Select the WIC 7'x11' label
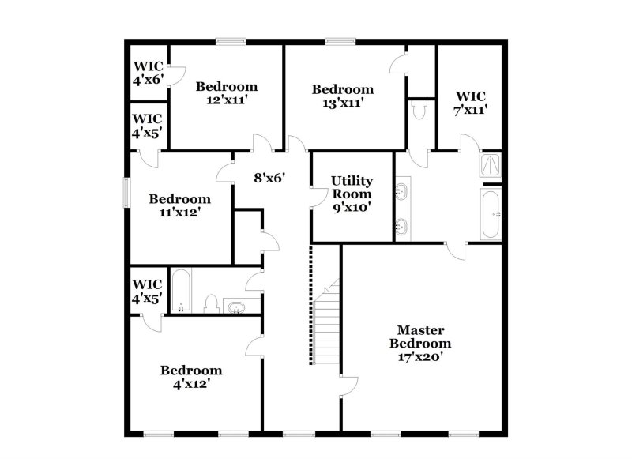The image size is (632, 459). click(470, 103)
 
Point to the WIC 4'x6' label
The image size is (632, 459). click(148, 73)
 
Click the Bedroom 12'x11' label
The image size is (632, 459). click(227, 93)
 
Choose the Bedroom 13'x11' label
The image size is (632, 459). click(342, 96)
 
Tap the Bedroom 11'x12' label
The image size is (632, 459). click(180, 205)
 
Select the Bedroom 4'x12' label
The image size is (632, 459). click(191, 377)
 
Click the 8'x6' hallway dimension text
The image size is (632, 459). click(269, 178)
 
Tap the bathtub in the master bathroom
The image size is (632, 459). click(490, 213)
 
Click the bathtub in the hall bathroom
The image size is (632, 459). click(181, 291)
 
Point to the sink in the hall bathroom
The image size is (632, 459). click(236, 307)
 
